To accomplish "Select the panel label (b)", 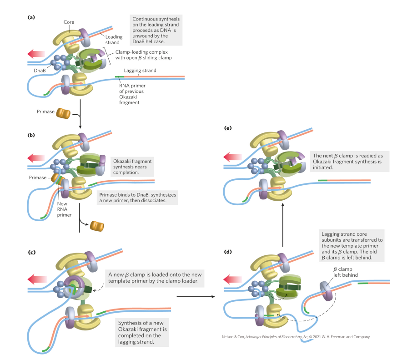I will (x=31, y=135).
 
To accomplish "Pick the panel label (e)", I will (x=228, y=128).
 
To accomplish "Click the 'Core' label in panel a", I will (x=69, y=21).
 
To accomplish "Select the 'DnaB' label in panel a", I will (x=40, y=71).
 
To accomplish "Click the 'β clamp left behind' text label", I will (x=346, y=272).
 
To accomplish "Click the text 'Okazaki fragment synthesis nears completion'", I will (x=132, y=167).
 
